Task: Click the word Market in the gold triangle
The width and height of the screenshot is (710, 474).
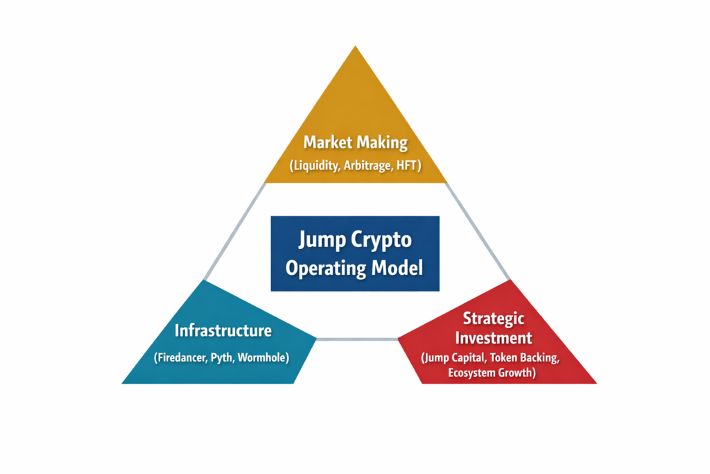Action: click(x=328, y=143)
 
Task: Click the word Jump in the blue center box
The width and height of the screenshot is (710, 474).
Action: click(x=321, y=240)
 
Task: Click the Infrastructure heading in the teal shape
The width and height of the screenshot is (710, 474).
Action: click(x=223, y=330)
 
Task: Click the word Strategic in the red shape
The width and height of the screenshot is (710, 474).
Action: click(x=494, y=319)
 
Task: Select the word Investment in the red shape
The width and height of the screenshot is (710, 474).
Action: click(x=494, y=339)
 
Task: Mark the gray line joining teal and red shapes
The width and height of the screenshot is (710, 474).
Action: click(x=357, y=339)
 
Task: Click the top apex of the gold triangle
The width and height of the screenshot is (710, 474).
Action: click(x=356, y=49)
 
